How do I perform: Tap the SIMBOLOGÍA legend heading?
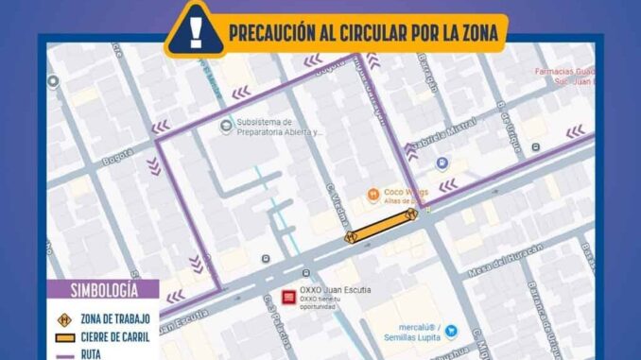pyautogui.click(x=103, y=290)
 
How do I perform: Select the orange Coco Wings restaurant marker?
pyautogui.click(x=374, y=195)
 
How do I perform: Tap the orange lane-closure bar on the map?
pyautogui.click(x=381, y=227)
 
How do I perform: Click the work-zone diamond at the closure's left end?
pyautogui.click(x=350, y=236)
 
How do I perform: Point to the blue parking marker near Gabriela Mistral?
pyautogui.click(x=441, y=163)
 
